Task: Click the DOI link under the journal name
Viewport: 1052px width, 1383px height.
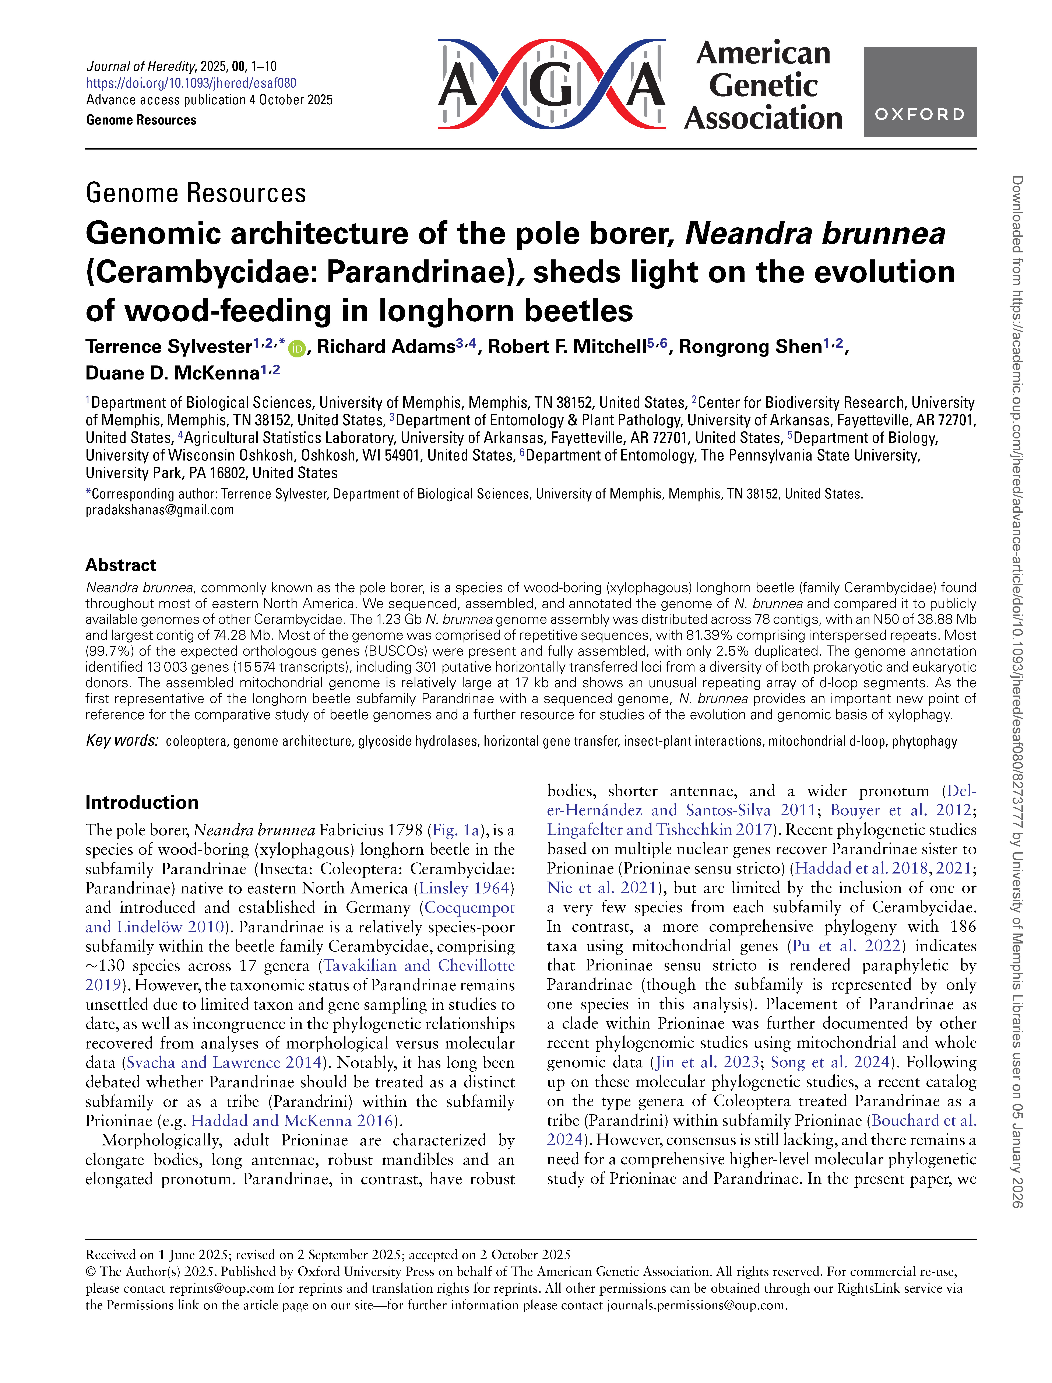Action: pyautogui.click(x=191, y=83)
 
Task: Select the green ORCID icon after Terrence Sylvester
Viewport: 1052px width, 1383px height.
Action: pyautogui.click(x=297, y=349)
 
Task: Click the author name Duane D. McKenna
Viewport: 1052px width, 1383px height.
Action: pyautogui.click(x=172, y=373)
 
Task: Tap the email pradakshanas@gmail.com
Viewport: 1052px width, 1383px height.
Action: pyautogui.click(x=160, y=510)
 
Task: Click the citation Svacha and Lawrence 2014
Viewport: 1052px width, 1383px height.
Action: pyautogui.click(x=224, y=1063)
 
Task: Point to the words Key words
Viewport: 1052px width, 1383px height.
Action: pyautogui.click(x=122, y=741)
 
